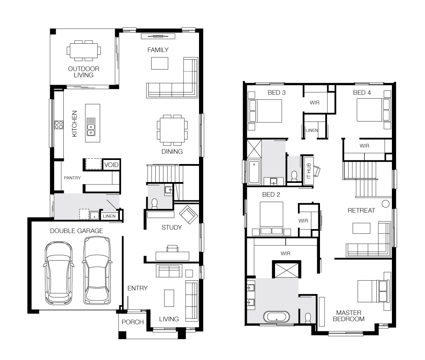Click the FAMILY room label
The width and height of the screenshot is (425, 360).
point(158,50)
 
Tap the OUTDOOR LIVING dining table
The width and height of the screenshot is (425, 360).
point(84,50)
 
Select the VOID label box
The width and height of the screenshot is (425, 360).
point(112,165)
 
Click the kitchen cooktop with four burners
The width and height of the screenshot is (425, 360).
point(59,125)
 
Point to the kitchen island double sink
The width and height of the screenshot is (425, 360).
point(91,127)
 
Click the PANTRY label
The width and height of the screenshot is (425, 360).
point(72,178)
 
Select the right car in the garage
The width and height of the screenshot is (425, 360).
point(97,270)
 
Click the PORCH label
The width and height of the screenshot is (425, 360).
point(132,322)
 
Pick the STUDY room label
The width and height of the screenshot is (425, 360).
point(172,227)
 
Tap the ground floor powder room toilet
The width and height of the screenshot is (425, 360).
point(154,204)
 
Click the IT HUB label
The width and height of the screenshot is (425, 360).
point(309,171)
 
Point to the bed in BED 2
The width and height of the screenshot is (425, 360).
point(272,218)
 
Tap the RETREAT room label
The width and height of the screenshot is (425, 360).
point(361,211)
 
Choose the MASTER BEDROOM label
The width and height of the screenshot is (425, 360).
point(349,316)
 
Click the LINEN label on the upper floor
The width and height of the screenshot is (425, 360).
point(312,130)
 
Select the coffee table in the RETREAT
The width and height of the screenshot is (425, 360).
point(361,228)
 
